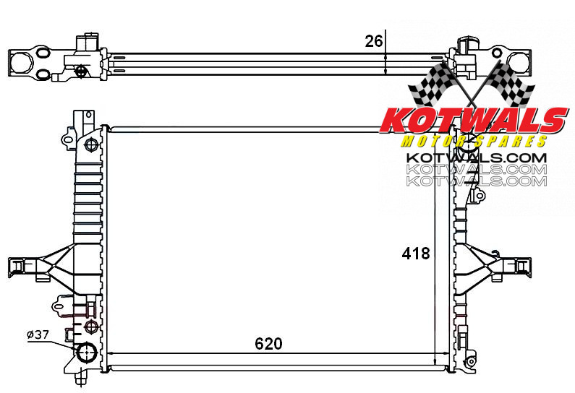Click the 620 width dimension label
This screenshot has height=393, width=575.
coord(268,344)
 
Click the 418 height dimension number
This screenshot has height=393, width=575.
coord(416,254)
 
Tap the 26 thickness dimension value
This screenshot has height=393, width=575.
coord(374,41)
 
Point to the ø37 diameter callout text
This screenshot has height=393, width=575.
coord(38,334)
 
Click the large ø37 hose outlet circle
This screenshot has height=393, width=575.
coord(87,352)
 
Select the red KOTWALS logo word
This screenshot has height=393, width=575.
coord(474,121)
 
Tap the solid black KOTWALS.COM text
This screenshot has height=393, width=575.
coord(477,158)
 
